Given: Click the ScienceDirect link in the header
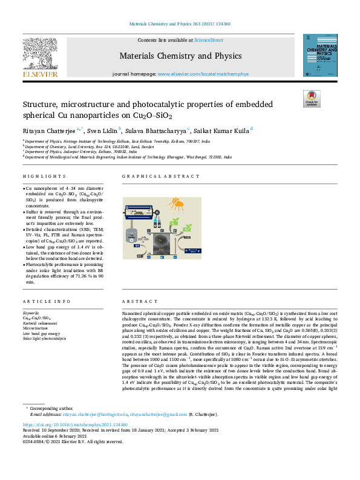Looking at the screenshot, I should (x=208, y=40).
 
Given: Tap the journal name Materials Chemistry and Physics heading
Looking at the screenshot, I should (x=180, y=56).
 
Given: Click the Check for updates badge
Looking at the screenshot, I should (x=311, y=97).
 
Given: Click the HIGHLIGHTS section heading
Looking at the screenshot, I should (x=44, y=176).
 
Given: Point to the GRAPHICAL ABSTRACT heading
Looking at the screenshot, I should (x=151, y=176).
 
